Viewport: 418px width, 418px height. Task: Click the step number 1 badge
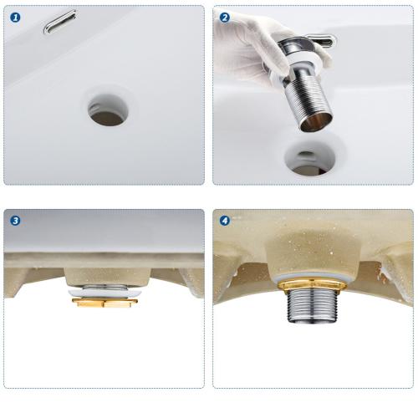pos(15,18)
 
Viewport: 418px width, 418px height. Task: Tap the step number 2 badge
pos(225,18)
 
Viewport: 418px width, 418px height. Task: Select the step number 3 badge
pos(15,221)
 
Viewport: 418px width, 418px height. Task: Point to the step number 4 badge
pos(225,221)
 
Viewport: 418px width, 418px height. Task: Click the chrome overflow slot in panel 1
pos(59,22)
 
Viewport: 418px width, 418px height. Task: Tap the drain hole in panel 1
pos(108,110)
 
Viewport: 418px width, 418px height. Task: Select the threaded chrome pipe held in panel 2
pos(308,99)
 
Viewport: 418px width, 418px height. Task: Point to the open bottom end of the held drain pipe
pos(317,122)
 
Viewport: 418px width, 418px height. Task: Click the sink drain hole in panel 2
pos(309,159)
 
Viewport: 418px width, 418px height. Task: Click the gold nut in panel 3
pos(104,303)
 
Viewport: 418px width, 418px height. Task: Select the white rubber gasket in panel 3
pos(104,293)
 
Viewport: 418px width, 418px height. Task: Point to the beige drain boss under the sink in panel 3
pos(108,277)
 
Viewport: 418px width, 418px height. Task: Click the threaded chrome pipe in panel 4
pos(313,306)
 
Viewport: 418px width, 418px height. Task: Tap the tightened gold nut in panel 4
pos(312,286)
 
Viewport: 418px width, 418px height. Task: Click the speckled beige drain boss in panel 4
pos(312,251)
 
